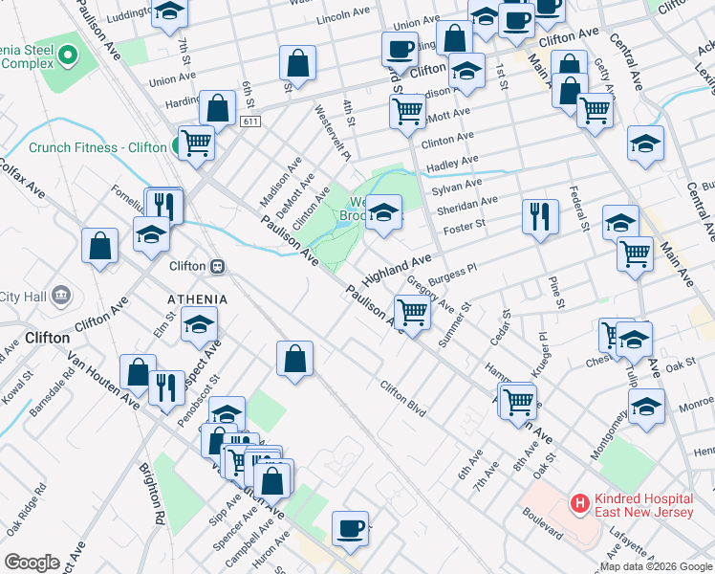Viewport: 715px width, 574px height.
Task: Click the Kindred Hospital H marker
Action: click(578, 502)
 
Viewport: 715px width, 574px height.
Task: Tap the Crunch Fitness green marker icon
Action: click(177, 147)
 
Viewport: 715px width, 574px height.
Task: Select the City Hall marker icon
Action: click(62, 294)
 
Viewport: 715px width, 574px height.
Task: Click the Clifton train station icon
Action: click(218, 267)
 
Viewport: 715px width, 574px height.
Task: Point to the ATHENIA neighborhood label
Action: click(198, 299)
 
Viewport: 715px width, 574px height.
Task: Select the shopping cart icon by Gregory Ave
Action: click(412, 312)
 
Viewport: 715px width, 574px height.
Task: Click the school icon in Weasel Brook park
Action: click(383, 212)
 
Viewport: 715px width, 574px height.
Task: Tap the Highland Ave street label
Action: click(398, 272)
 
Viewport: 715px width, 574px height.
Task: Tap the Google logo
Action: click(31, 563)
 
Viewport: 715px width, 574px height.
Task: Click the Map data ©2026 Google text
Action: click(656, 566)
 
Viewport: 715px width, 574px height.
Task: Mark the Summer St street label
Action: click(455, 327)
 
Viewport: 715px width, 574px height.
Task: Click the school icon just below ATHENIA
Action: click(200, 327)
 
